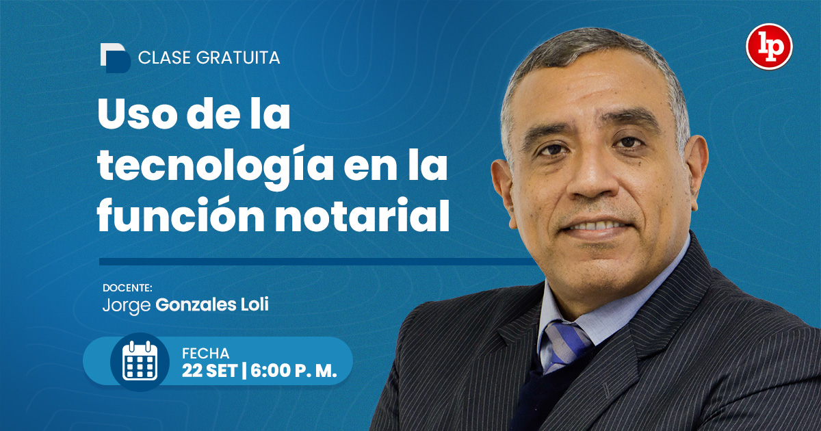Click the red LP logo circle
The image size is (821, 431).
tap(769, 47)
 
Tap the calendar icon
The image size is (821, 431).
tap(140, 361)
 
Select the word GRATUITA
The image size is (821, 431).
tap(238, 58)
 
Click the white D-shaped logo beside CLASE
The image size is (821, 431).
tap(115, 58)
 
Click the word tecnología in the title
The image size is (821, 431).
tap(216, 167)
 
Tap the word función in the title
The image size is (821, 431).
tap(181, 215)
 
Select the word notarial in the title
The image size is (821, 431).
tap(363, 215)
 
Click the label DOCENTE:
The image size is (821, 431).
tap(127, 288)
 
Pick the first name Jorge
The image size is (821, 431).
tap(127, 305)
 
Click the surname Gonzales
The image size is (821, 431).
tap(196, 305)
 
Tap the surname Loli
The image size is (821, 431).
tap(255, 304)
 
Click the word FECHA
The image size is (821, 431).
tap(206, 354)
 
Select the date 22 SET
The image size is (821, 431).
tap(210, 371)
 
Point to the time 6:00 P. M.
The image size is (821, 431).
tap(294, 371)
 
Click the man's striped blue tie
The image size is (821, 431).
tap(567, 345)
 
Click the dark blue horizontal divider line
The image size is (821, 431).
tap(316, 261)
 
